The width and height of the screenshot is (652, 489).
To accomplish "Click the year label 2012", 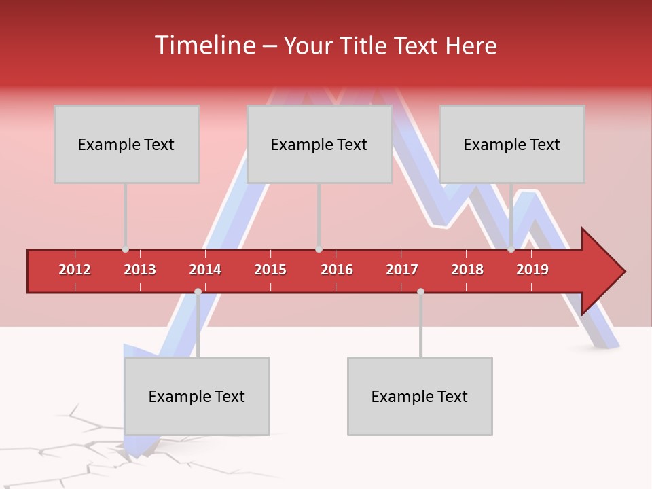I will tap(75, 270).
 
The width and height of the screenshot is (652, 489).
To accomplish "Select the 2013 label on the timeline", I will tap(140, 270).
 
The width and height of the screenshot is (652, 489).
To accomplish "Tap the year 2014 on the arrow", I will tap(205, 270).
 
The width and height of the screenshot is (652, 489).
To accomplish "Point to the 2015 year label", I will tap(270, 270).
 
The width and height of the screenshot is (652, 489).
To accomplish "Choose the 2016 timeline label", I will tap(337, 270).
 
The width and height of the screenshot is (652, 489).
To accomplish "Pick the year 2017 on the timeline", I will tap(402, 270).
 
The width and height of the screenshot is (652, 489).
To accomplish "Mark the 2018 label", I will tap(467, 270).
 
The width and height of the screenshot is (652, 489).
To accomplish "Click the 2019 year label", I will tap(532, 270).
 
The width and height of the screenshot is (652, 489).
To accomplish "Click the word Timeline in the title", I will tap(204, 46).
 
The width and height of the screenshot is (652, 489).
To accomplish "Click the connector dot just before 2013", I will tap(125, 249).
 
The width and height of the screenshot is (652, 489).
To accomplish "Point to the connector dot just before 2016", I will tap(319, 249).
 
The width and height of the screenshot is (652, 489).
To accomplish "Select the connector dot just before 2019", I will tap(511, 249).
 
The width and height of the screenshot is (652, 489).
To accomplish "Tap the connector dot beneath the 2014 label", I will tap(198, 291).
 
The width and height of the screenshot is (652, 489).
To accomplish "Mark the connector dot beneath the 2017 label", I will tap(420, 291).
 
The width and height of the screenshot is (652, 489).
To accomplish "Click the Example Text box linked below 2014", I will tap(197, 396).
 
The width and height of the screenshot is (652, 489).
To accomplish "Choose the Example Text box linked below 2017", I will tap(420, 396).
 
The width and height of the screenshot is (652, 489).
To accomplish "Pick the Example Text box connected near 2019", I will tap(512, 144).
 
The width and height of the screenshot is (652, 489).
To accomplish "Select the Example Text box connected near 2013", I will tap(126, 144).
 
